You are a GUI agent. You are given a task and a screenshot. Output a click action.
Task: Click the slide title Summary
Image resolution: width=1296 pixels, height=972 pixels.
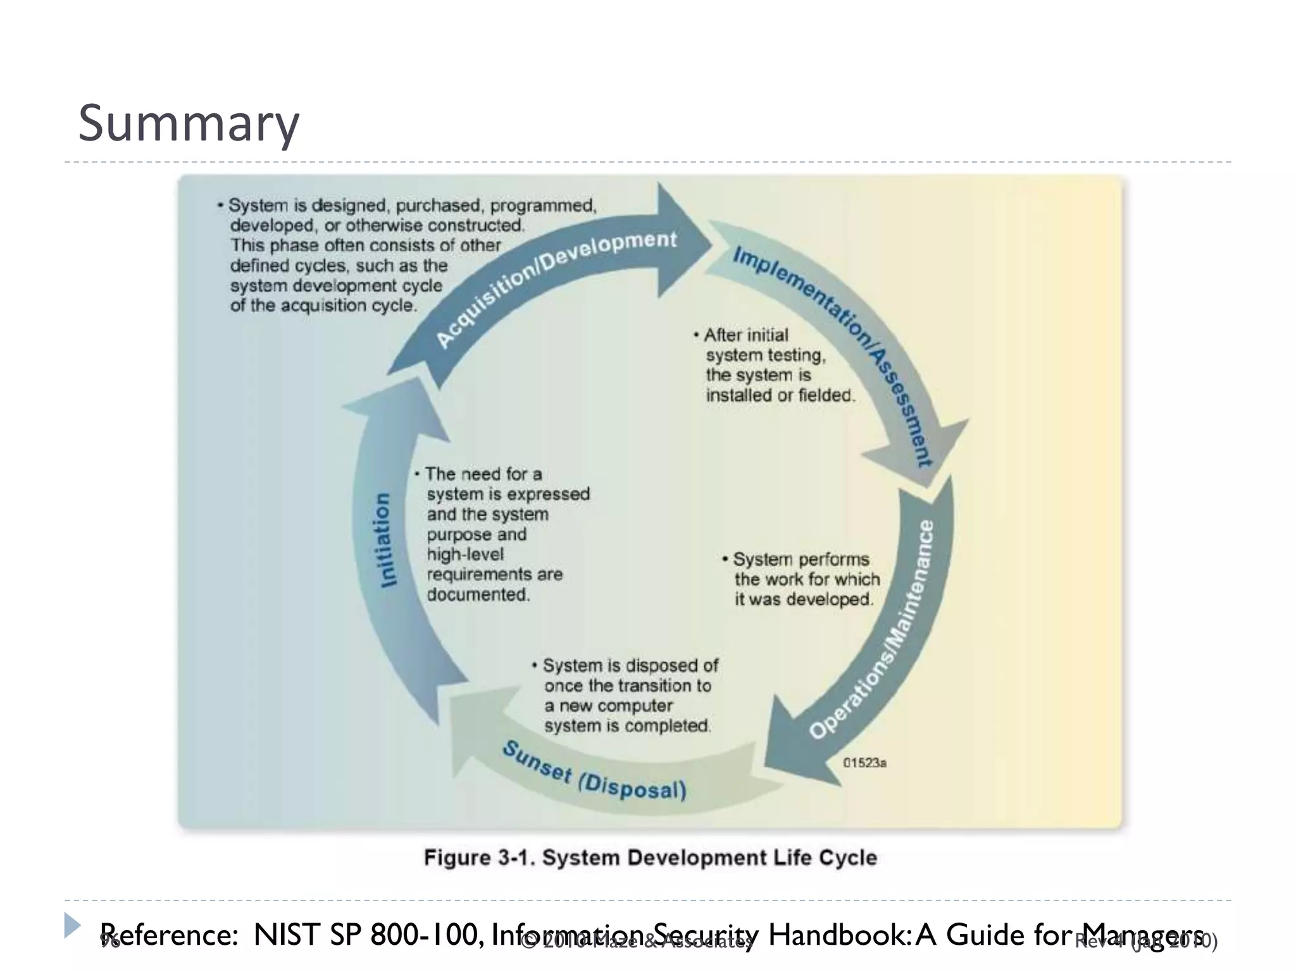pyautogui.click(x=188, y=123)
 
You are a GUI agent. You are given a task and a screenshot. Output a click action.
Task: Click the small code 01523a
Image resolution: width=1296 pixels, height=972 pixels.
pyautogui.click(x=864, y=763)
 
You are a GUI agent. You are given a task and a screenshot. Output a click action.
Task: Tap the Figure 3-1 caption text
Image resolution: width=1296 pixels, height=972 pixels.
pyautogui.click(x=651, y=858)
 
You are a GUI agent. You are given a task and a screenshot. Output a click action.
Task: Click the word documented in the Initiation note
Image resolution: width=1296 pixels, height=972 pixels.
pyautogui.click(x=477, y=595)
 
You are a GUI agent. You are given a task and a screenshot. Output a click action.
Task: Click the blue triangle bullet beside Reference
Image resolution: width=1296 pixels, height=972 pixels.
pyautogui.click(x=72, y=925)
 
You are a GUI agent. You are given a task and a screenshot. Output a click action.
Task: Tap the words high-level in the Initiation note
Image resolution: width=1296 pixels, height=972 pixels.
pyautogui.click(x=465, y=554)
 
